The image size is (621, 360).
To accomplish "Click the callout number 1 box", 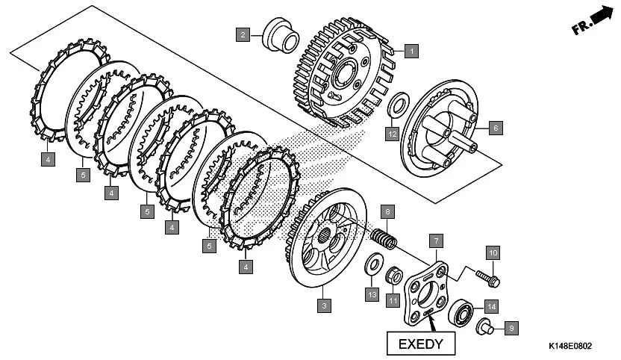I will point(411,52).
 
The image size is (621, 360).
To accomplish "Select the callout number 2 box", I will point(243,34).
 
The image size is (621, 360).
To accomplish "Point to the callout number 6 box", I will point(494,128).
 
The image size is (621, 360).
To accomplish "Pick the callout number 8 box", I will point(387,211).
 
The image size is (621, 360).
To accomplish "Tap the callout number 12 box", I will point(392,134).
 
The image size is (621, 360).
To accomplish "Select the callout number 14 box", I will point(490,305).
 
